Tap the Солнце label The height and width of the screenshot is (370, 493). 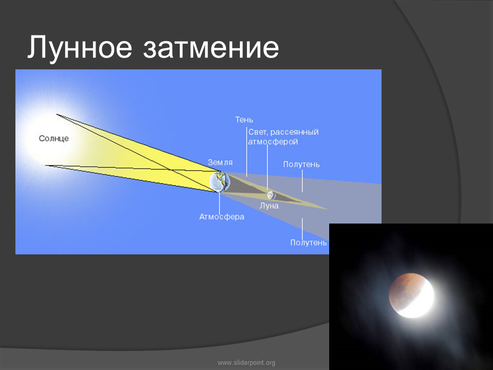(54, 138)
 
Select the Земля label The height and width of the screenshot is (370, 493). (220, 162)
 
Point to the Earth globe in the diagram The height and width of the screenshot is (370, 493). (219, 181)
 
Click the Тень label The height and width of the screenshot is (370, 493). (244, 120)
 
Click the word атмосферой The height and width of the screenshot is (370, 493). (273, 142)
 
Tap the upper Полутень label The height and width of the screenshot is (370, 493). (301, 164)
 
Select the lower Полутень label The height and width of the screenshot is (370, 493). (309, 243)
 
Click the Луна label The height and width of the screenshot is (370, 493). (269, 206)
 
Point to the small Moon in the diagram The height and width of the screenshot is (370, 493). (271, 195)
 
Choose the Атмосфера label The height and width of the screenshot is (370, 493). (222, 217)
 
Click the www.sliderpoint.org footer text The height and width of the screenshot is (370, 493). (246, 363)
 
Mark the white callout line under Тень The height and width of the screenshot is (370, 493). (246, 151)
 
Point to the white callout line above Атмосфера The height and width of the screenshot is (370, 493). (219, 202)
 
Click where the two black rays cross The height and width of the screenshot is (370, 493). (170, 170)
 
